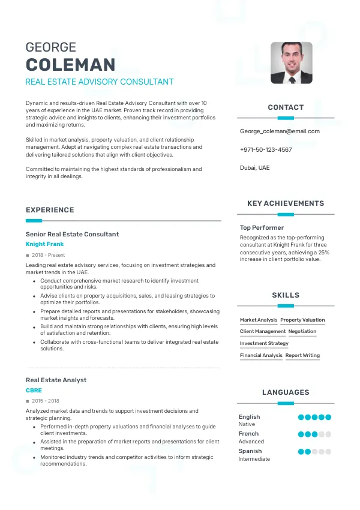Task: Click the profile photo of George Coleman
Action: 291,62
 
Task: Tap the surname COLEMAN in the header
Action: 71,65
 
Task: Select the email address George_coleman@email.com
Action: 280,131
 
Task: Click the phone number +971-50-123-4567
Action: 266,149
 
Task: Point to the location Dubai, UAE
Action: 255,168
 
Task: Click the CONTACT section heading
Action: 286,107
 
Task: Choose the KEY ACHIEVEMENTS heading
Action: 286,203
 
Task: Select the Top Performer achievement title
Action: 262,228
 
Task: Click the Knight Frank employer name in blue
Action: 44,244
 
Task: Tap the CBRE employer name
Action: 34,390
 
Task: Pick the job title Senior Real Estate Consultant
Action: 72,234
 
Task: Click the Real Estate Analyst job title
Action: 56,380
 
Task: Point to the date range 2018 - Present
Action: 47,255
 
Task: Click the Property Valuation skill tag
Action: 302,320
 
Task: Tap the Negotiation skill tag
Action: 302,331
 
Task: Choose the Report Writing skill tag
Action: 302,355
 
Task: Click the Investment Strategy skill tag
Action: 264,343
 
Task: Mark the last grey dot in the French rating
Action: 328,434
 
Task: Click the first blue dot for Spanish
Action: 301,451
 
